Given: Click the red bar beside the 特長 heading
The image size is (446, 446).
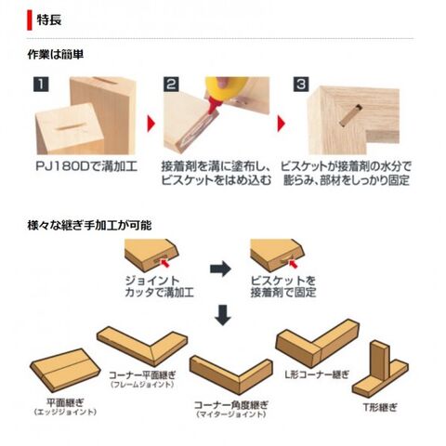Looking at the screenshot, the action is (30, 20).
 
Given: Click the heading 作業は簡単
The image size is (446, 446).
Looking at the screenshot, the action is (56, 55).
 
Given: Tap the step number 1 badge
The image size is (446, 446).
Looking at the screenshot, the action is (41, 85).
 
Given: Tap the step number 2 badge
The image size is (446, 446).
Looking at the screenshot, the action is (171, 85).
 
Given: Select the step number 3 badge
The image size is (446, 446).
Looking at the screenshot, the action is (301, 85).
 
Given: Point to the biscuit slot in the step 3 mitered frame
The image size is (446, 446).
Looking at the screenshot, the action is (351, 115).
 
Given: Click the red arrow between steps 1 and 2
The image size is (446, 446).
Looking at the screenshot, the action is (151, 124).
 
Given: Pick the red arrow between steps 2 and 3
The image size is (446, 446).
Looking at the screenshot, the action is (282, 124).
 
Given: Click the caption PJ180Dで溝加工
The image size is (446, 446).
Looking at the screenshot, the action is (86, 166).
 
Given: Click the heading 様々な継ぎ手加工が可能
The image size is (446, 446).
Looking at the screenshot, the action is (89, 225).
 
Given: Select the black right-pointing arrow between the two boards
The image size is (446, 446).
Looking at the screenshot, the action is (220, 269).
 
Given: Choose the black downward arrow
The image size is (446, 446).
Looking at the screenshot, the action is (223, 315).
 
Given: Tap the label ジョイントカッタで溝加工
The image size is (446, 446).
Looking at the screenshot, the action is (160, 286).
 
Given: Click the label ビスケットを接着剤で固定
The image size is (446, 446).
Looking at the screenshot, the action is (283, 286).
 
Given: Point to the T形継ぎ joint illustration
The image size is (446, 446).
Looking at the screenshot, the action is (380, 369).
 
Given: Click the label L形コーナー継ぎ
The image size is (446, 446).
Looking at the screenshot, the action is (317, 374).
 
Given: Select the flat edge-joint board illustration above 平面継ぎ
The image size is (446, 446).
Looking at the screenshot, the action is (65, 370).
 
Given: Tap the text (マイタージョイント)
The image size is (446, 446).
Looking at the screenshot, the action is (231, 414).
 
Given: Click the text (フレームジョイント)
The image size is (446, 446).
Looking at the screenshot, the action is (142, 385).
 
